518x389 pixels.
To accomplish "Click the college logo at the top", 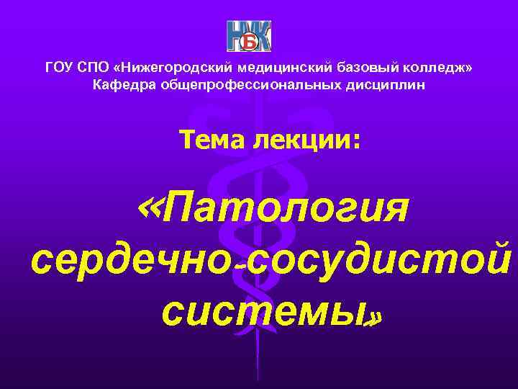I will point(250,37).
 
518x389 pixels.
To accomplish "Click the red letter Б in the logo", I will point(248,40).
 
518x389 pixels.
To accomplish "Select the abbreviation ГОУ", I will point(59,68).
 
